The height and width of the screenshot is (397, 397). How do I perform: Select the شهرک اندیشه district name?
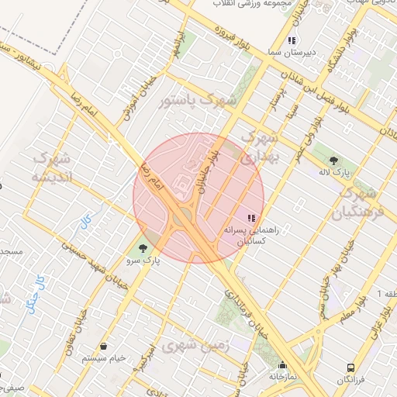(54, 166)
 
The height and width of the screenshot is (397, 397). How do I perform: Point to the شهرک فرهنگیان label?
(358, 201)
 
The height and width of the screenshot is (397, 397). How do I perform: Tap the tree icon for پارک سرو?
(142, 248)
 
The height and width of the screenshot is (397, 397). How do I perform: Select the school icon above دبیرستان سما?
(292, 40)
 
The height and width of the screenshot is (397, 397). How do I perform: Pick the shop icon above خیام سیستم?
(104, 346)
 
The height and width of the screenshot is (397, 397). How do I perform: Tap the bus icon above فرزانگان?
(352, 368)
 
